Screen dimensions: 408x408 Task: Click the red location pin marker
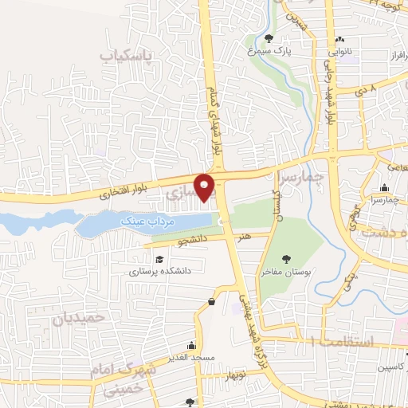tap(205, 186)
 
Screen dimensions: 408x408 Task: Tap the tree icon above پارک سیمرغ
tap(269, 37)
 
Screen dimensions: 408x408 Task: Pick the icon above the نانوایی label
tap(340, 39)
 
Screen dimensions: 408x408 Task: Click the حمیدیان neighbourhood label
tap(79, 317)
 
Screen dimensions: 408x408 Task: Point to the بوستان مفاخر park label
tap(287, 272)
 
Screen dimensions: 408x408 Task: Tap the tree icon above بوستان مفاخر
tap(287, 258)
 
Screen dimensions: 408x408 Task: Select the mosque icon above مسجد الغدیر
tap(191, 347)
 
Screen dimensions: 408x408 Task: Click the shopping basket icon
tap(211, 301)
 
